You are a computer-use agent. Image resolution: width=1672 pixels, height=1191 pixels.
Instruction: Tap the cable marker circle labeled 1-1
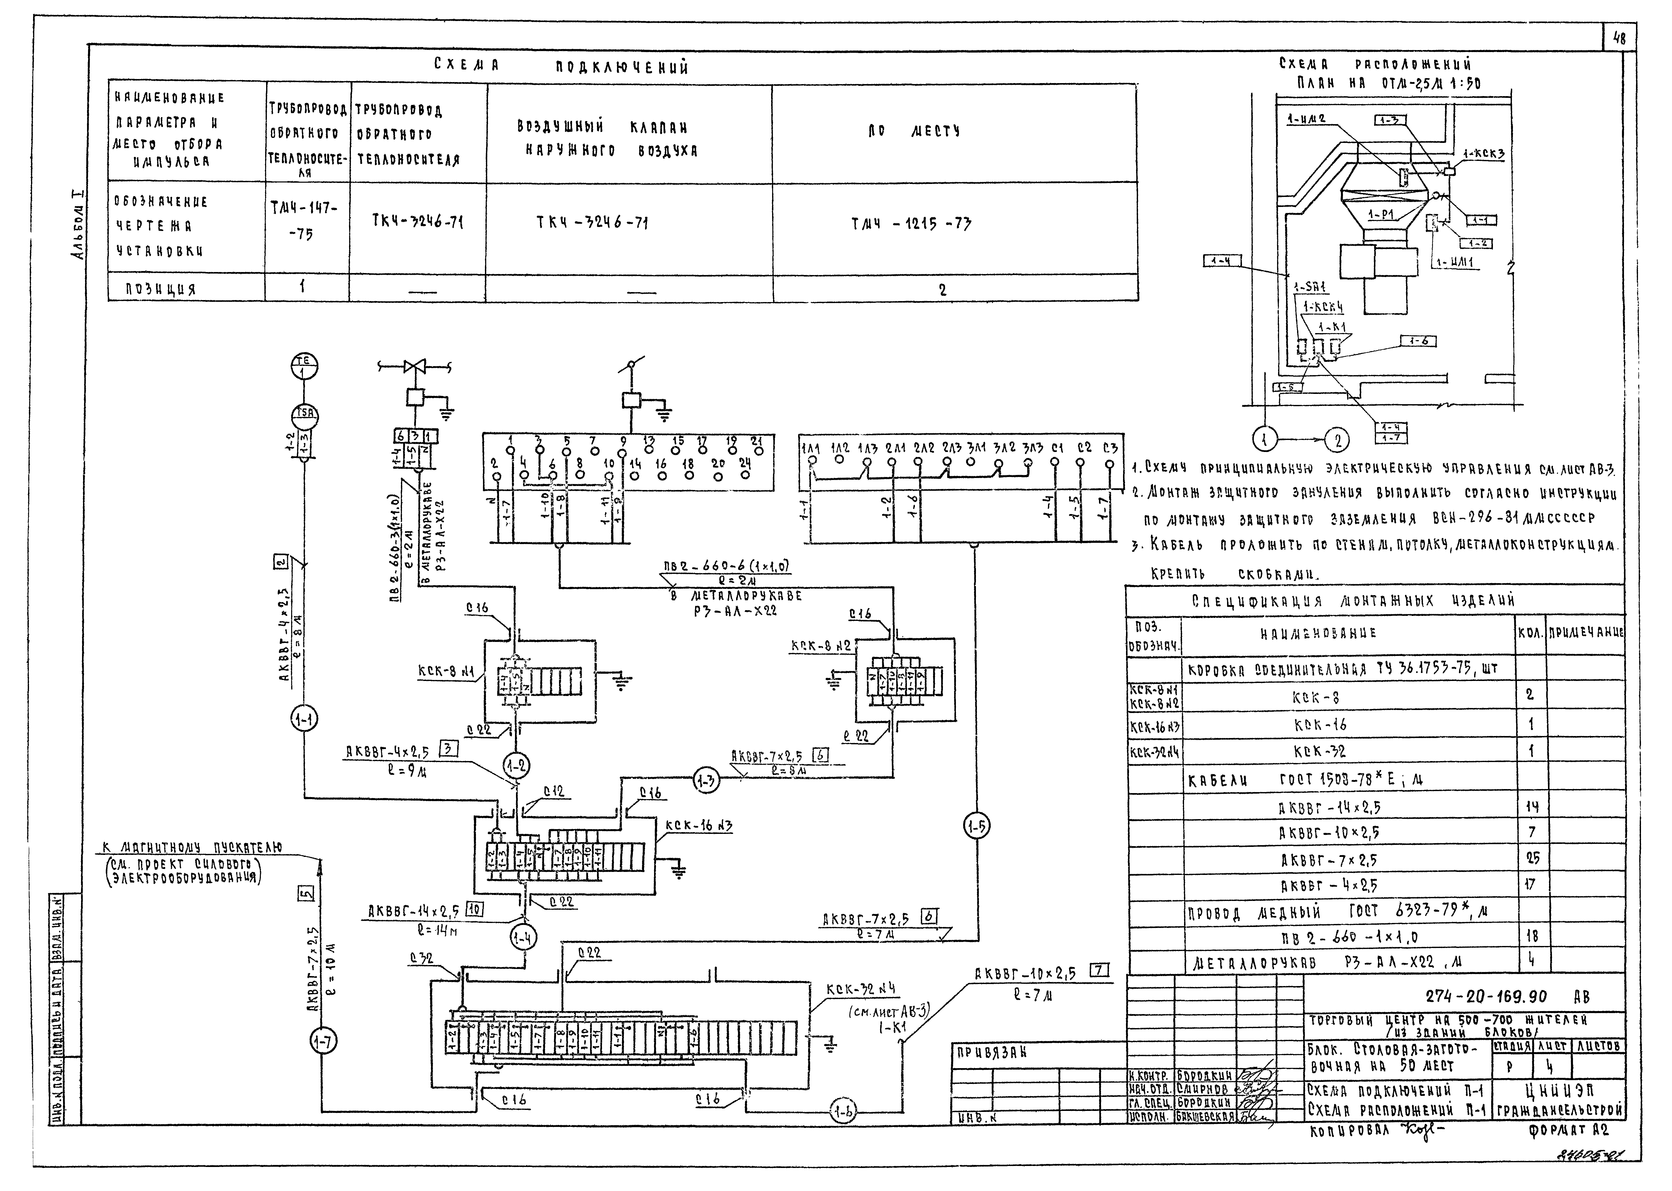(303, 720)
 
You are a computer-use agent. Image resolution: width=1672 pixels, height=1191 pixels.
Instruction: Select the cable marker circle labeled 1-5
(976, 827)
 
